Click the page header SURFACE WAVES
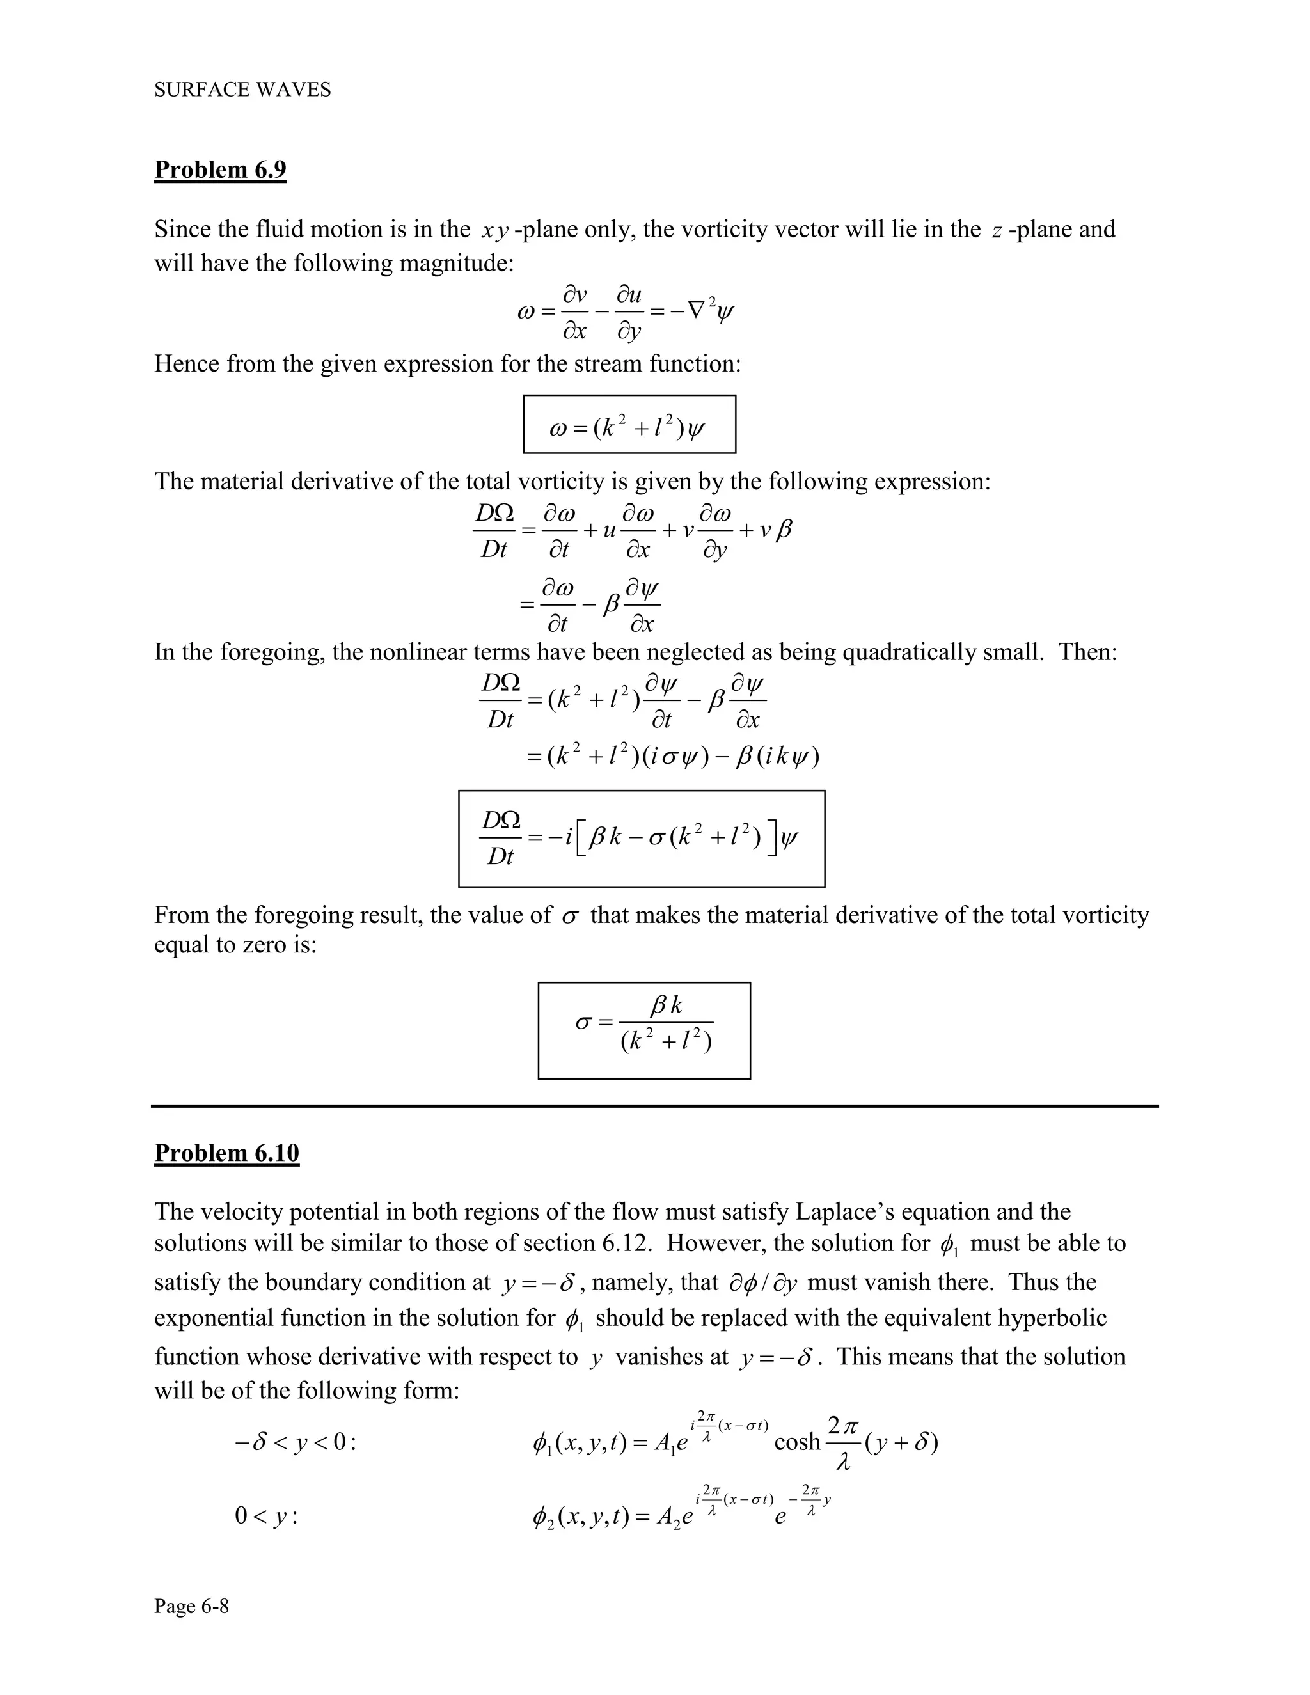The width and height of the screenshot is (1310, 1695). pyautogui.click(x=242, y=90)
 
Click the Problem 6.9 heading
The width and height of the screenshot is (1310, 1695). pyautogui.click(x=221, y=169)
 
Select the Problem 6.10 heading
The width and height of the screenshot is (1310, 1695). pyautogui.click(x=226, y=1153)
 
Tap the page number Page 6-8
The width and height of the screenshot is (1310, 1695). pyautogui.click(x=192, y=1605)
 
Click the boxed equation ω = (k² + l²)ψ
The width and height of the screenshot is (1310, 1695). pyautogui.click(x=629, y=425)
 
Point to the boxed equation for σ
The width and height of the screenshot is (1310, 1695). pyautogui.click(x=644, y=1030)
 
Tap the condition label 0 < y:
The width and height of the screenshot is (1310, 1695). pyautogui.click(x=266, y=1516)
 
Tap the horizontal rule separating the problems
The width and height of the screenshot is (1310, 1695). pyautogui.click(x=654, y=1106)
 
